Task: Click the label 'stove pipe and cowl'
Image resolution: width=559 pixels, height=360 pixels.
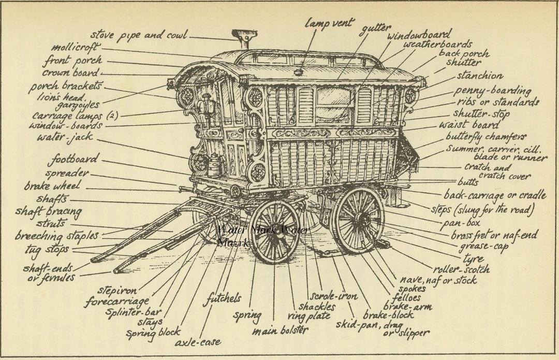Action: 139,35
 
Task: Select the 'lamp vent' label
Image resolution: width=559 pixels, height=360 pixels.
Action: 329,23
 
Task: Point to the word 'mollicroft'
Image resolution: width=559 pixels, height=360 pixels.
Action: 76,48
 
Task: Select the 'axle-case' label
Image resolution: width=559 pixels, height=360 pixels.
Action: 197,342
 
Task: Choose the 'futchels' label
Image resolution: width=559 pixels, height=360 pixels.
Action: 222,298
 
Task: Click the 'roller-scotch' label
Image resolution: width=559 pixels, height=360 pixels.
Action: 461,269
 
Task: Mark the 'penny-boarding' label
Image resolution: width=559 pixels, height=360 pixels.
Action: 492,91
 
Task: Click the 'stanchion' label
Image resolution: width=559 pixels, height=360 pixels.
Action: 479,76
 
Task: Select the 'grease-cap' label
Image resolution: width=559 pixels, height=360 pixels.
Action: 483,246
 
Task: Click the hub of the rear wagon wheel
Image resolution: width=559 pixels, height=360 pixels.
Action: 359,220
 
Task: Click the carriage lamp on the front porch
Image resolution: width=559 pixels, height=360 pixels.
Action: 205,105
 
